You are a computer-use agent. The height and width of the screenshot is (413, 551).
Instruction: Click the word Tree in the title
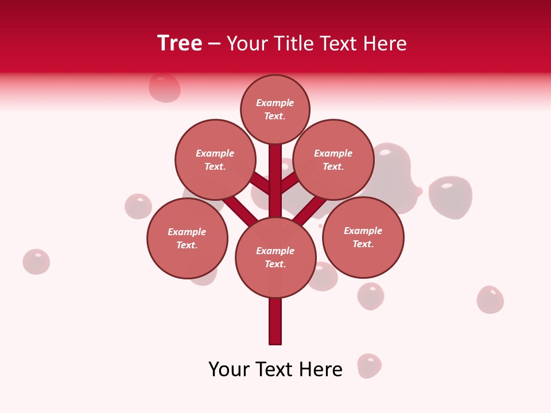(180, 43)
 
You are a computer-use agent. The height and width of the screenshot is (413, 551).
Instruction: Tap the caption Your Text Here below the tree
(275, 369)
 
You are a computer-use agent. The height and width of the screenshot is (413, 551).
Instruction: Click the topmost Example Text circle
(275, 109)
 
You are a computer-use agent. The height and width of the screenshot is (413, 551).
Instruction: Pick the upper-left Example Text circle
(215, 159)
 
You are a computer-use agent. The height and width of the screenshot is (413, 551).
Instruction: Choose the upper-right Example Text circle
(333, 159)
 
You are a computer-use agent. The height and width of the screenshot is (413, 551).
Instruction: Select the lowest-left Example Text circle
(187, 238)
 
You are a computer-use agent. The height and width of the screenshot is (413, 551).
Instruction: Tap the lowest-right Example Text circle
(363, 237)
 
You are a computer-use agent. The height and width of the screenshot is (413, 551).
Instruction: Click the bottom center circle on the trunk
(275, 257)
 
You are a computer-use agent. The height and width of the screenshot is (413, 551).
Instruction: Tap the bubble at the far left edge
(36, 262)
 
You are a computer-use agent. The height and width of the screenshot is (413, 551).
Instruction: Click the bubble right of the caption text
(369, 365)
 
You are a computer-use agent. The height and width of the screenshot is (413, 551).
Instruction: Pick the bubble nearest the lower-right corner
(490, 299)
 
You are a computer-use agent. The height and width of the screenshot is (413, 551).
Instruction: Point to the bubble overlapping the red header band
(165, 87)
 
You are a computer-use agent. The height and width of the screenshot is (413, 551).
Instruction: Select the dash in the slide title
(214, 44)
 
